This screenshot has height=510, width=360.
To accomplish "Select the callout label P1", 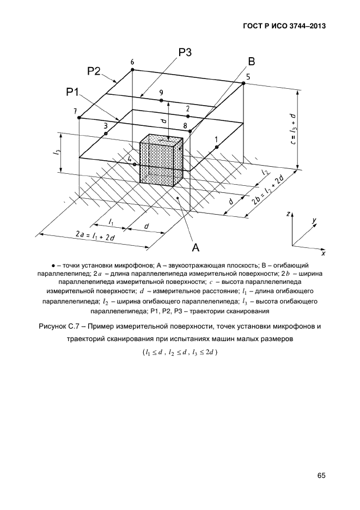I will (x=73, y=92).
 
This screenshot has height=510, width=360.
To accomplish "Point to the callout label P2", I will (x=94, y=71).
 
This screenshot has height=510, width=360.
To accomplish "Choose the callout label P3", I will (x=185, y=52).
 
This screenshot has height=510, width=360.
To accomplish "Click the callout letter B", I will (x=252, y=61).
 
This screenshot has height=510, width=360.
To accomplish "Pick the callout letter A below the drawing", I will (x=195, y=247).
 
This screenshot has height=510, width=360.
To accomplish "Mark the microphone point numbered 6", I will (x=132, y=70).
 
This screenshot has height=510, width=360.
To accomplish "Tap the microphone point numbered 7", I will (x=80, y=118).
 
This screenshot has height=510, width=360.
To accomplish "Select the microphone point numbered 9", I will (x=161, y=100).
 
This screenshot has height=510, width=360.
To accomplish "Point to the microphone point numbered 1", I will (x=216, y=147).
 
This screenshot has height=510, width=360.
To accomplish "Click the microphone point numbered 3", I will (x=106, y=133).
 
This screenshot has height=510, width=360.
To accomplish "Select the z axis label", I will (x=288, y=215).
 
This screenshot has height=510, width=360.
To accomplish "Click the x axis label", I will (x=323, y=252).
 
